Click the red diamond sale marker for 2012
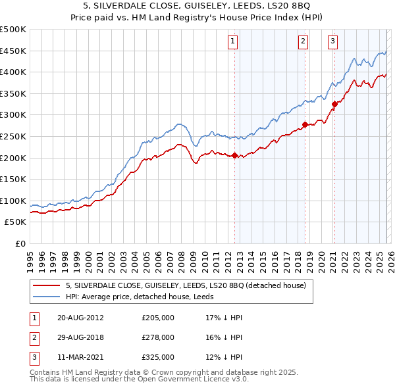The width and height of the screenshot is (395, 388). [234, 155]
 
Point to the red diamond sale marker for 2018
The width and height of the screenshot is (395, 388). [305, 124]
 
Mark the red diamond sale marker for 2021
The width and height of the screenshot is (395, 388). [334, 104]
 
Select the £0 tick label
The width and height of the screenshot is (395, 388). [20, 243]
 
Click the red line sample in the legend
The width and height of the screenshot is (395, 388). [47, 286]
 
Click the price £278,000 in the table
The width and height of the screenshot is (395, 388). [158, 337]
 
